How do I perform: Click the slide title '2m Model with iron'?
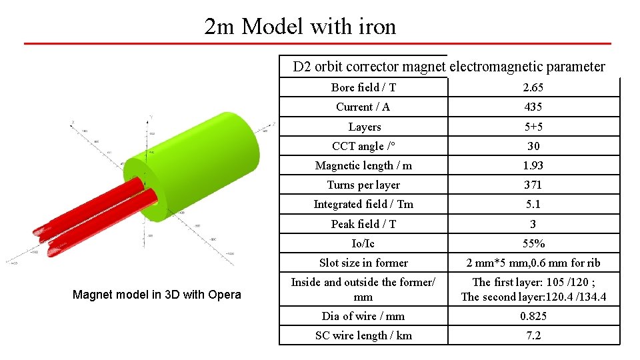(x=300, y=27)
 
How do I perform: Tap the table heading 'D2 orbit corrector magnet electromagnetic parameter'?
(x=449, y=67)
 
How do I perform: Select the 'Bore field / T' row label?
(x=363, y=87)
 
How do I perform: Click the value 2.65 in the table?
(x=533, y=87)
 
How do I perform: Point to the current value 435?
(x=533, y=107)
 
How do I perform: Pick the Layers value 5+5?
(x=533, y=127)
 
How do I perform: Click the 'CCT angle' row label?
(x=363, y=146)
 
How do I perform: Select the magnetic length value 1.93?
(x=533, y=165)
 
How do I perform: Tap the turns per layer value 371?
(x=533, y=185)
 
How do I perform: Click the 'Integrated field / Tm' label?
(x=363, y=204)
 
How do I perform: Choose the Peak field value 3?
(x=533, y=224)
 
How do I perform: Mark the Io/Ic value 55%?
(x=533, y=243)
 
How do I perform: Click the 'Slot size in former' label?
(x=363, y=263)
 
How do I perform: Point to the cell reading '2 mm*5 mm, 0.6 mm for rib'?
(x=533, y=263)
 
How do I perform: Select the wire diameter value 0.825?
(x=533, y=316)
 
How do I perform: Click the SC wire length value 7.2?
(x=533, y=335)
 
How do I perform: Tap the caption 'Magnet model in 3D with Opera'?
(x=157, y=295)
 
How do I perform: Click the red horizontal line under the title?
(x=317, y=44)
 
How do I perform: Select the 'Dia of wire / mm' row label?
(x=363, y=316)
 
